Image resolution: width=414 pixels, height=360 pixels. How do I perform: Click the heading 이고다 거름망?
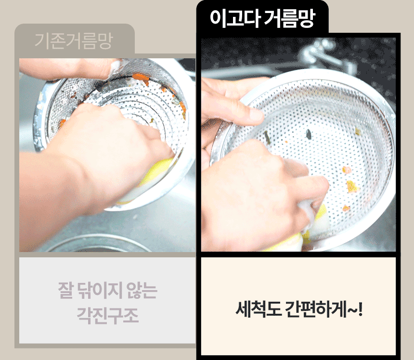pyautogui.click(x=262, y=18)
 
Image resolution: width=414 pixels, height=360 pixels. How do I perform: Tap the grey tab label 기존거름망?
pyautogui.click(x=74, y=40)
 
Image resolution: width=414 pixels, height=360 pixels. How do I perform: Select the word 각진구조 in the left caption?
pyautogui.click(x=107, y=316)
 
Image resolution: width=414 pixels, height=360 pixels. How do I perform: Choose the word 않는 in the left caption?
pyautogui.click(x=142, y=290)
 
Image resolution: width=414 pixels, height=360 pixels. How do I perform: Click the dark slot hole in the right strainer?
pyautogui.click(x=308, y=134)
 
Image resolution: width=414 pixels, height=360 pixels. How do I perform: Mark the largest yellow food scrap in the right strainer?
pyautogui.click(x=352, y=187)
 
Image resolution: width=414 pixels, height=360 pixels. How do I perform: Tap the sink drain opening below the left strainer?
pyautogui.click(x=98, y=244)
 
